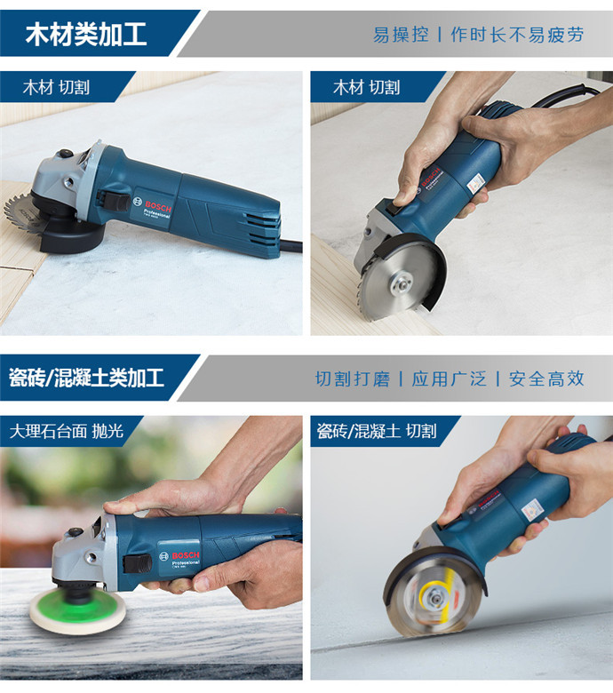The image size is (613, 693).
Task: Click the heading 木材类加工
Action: [86, 35]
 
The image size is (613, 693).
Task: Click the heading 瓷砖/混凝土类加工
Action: [87, 378]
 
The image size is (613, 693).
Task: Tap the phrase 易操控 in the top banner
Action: [401, 35]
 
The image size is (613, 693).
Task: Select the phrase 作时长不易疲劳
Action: [517, 35]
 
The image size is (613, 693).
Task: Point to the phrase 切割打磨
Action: [352, 378]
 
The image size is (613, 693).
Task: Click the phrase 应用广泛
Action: [449, 378]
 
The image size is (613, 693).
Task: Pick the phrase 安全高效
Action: [546, 378]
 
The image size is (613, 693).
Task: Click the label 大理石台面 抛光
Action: [67, 431]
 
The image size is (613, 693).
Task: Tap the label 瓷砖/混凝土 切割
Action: [377, 431]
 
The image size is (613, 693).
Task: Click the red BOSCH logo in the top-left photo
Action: [158, 207]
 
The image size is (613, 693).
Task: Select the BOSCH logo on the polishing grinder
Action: [186, 555]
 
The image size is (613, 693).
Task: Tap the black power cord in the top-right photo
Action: [567, 94]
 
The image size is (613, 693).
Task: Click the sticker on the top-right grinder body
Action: [475, 183]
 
